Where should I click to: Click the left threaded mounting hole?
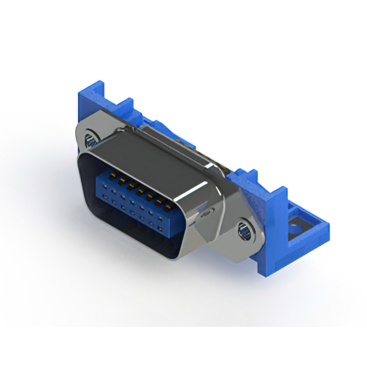[x=91, y=139]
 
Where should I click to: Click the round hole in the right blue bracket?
[x=296, y=228]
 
